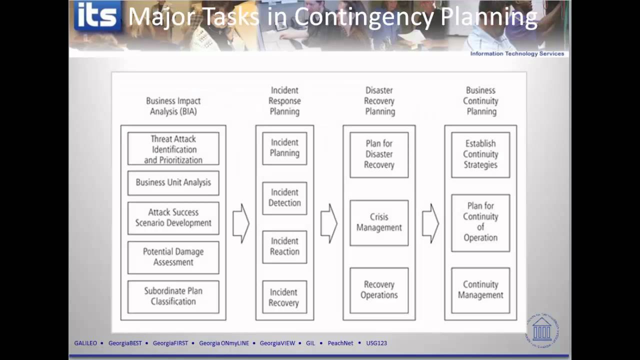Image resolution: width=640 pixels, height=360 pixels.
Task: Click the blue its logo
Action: [98, 16]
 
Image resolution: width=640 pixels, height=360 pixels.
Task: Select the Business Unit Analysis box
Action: [173, 183]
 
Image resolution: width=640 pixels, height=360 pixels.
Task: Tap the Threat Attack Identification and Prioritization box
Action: [173, 149]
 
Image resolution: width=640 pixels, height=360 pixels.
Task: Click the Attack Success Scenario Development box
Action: [173, 218]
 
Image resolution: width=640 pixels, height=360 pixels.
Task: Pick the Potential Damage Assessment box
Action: [173, 257]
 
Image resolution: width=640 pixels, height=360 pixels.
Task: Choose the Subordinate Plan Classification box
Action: [173, 296]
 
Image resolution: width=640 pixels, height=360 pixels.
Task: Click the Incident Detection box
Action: [284, 198]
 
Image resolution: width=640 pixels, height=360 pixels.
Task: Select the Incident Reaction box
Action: [284, 246]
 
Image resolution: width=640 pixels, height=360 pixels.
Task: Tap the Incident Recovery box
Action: [284, 297]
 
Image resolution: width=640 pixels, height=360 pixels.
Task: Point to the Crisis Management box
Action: [379, 222]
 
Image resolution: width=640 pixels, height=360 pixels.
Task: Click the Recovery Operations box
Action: [379, 290]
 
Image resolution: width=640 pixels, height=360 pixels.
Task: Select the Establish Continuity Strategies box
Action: [480, 154]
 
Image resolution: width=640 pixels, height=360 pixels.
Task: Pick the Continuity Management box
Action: [480, 290]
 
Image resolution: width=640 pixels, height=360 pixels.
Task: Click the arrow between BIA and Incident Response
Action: [240, 223]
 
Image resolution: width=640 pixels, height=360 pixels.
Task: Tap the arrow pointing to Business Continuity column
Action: [430, 223]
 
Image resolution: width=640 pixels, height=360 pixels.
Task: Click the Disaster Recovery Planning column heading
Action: [379, 101]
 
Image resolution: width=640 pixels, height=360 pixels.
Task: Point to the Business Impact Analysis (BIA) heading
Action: [173, 106]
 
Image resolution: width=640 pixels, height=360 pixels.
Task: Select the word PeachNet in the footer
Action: [340, 343]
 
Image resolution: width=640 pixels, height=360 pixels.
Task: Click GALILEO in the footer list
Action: [85, 343]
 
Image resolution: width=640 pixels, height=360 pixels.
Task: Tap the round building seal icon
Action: [542, 329]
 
